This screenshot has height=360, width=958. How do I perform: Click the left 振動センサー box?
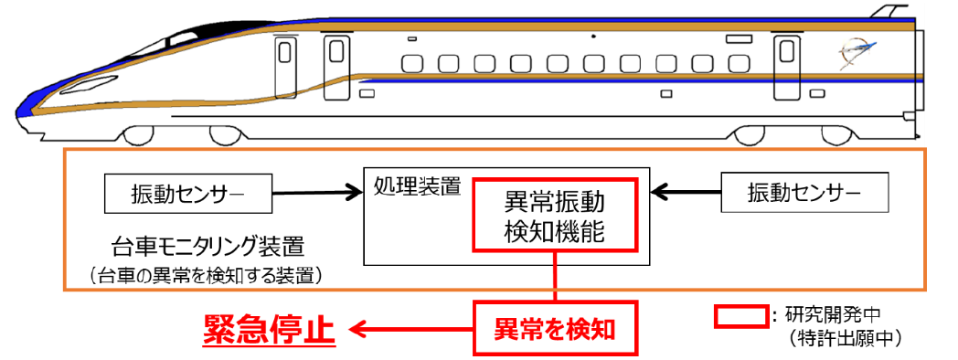click(189, 193)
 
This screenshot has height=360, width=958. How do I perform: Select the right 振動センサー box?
click(804, 193)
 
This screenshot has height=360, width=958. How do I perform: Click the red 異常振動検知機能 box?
click(554, 215)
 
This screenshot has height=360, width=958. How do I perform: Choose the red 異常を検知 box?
click(554, 327)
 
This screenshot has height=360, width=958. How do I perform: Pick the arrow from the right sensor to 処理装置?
click(686, 193)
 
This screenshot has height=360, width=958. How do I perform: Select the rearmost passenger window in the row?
click(738, 63)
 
